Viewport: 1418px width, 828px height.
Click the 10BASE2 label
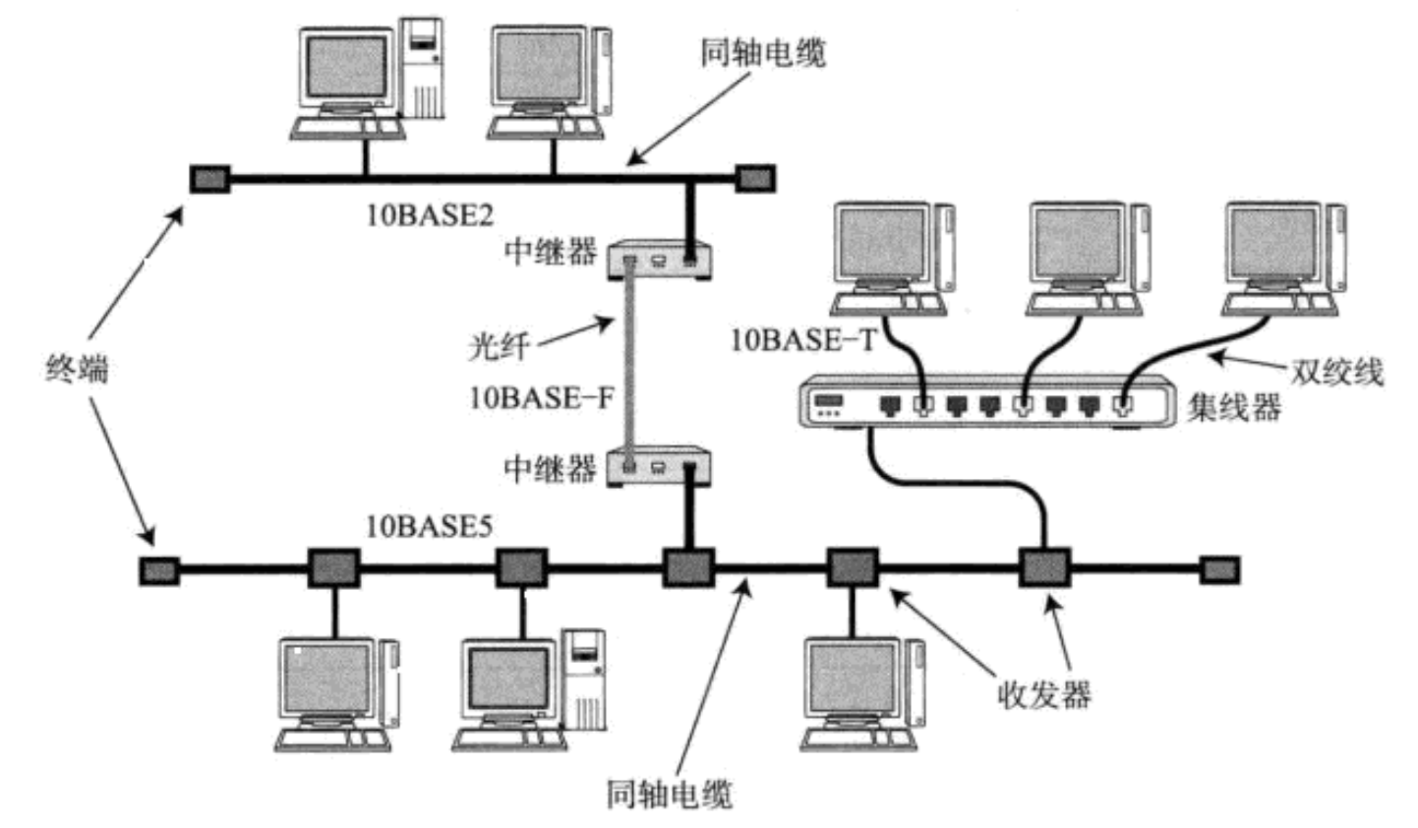[430, 215]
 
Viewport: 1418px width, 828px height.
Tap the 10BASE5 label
[430, 527]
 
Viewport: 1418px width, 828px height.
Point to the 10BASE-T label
[802, 340]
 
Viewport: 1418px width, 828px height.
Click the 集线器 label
[1235, 406]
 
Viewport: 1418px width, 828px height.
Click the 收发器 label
[1043, 695]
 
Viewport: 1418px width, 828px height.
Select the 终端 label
[77, 370]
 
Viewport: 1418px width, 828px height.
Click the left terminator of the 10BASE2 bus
[209, 179]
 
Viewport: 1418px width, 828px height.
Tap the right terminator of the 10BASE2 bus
[755, 179]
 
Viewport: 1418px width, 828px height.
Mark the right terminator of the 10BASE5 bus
[1219, 569]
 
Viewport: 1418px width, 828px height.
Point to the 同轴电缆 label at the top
[763, 52]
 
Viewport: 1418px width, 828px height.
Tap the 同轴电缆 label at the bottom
[669, 794]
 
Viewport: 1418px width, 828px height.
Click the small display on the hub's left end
[830, 402]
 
